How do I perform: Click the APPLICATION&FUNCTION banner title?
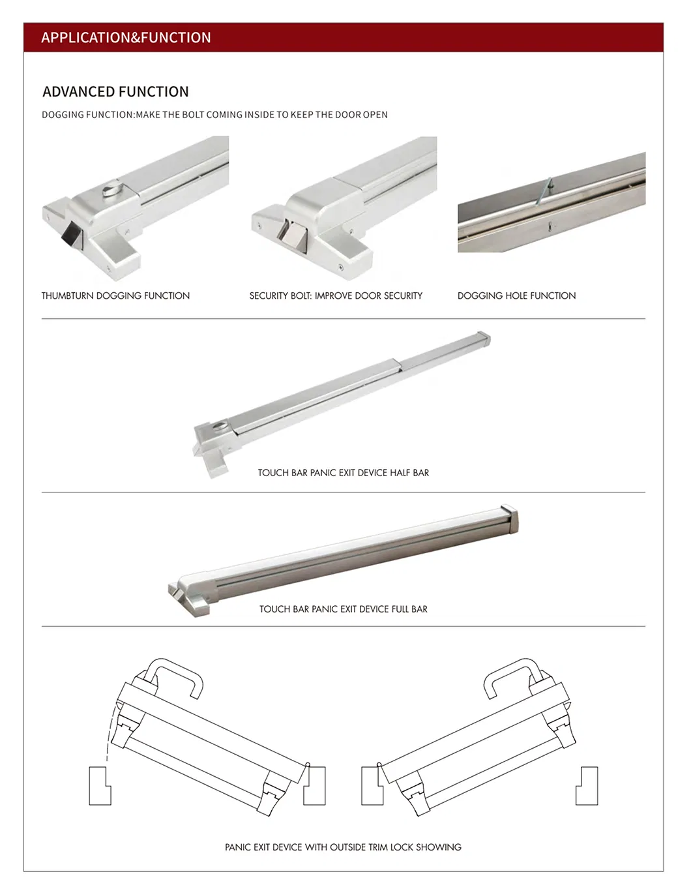(126, 38)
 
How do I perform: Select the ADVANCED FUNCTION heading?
(115, 92)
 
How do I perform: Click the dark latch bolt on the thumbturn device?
(70, 234)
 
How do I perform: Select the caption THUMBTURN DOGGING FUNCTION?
(115, 295)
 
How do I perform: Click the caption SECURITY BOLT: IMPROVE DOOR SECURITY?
(336, 295)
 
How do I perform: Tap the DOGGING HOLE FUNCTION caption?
(516, 295)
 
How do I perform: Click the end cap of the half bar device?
(484, 338)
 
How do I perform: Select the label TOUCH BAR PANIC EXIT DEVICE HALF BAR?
(343, 473)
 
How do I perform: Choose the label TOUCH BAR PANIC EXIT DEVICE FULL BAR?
(343, 609)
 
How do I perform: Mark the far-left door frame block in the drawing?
(99, 786)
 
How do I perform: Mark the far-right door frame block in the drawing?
(587, 786)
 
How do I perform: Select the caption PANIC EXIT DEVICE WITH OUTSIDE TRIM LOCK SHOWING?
(343, 847)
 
